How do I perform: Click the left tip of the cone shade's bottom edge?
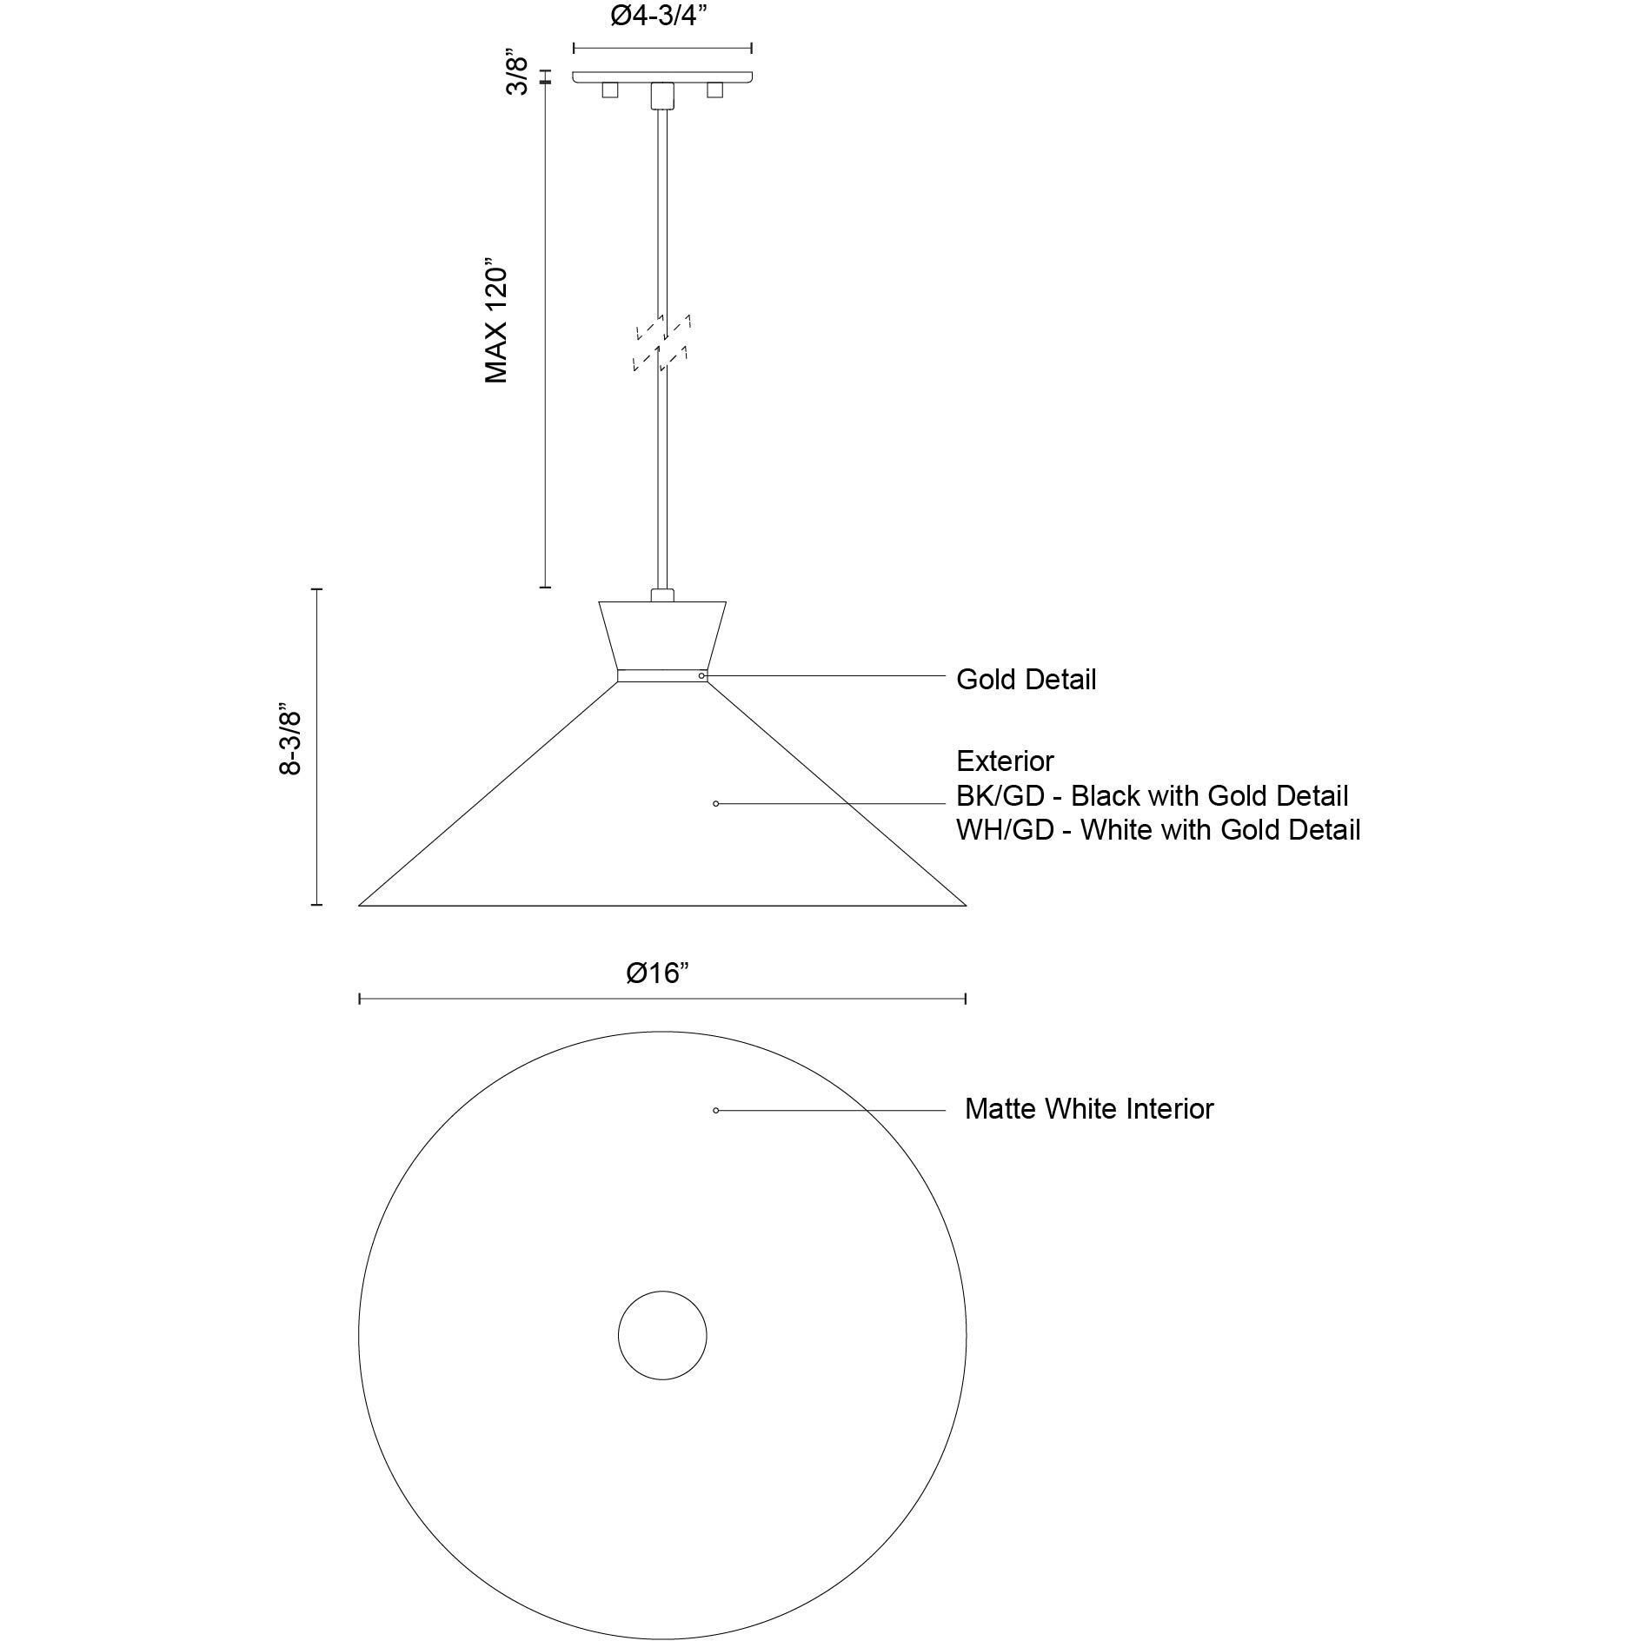pos(359,906)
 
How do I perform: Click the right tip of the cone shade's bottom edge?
pos(966,906)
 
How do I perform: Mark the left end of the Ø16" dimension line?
pos(359,1000)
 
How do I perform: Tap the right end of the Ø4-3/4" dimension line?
pos(752,49)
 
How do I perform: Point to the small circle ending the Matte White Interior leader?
pos(715,1110)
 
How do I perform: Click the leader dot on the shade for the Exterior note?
pos(715,804)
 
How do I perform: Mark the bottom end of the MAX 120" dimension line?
pos(545,588)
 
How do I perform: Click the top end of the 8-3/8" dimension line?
pos(317,589)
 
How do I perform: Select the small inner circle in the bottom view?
pos(662,1336)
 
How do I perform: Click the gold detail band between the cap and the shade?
pos(662,675)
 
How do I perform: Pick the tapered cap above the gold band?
pos(662,634)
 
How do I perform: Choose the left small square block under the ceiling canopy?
pos(610,90)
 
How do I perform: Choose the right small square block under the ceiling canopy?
pos(715,90)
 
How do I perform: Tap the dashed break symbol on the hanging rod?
pos(662,343)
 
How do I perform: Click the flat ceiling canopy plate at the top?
pos(662,77)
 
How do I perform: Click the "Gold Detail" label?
pos(1026,680)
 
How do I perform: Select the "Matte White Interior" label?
pos(1089,1109)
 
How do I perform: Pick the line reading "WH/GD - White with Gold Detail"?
pos(1159,830)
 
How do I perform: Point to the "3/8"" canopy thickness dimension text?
pos(517,75)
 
